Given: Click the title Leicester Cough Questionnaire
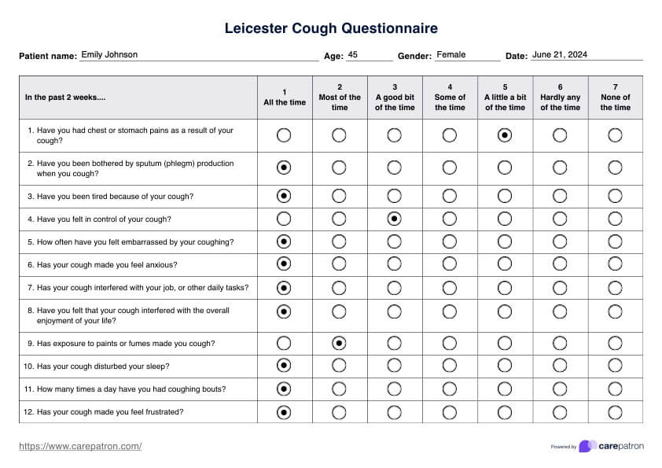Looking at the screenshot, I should [331, 29].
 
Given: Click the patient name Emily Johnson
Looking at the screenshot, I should [109, 55].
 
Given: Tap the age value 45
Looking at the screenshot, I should [353, 55].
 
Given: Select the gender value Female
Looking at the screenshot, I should [451, 55].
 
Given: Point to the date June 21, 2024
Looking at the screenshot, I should [560, 55].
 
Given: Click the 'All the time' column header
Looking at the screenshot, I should [285, 98].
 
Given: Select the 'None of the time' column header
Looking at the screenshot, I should [615, 98].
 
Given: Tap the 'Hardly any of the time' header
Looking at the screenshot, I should [560, 98].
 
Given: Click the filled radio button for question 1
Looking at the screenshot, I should [505, 135].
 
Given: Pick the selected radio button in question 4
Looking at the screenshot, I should [395, 219].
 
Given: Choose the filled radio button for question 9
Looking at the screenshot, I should [340, 343].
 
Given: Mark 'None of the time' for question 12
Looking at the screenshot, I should [615, 411].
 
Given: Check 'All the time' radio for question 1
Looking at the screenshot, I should [285, 135].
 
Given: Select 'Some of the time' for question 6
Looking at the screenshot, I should [450, 264].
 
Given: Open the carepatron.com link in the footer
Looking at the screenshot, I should [80, 446].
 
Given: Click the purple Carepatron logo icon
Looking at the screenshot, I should [587, 446].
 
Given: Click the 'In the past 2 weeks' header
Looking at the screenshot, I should [65, 98].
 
